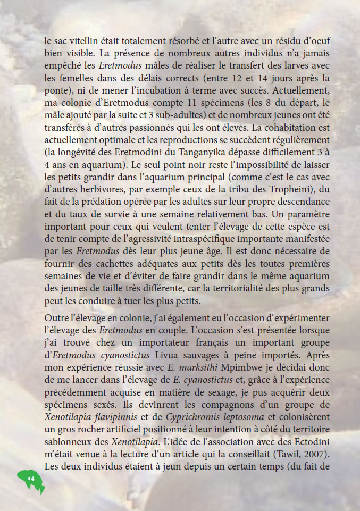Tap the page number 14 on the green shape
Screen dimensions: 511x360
(x=30, y=479)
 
